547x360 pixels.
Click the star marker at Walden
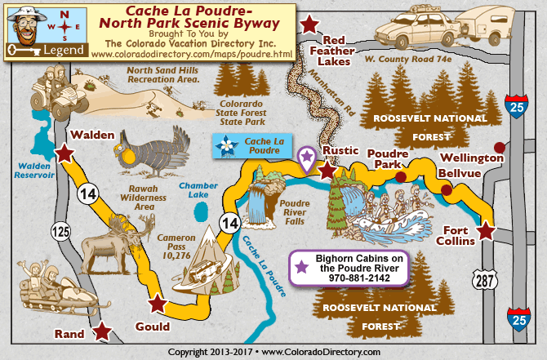pos(64,153)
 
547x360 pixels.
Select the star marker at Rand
pos(101,331)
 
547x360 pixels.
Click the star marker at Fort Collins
pos(486,231)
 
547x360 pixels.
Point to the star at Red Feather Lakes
pos(309,24)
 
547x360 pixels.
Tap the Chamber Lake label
pos(198,190)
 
